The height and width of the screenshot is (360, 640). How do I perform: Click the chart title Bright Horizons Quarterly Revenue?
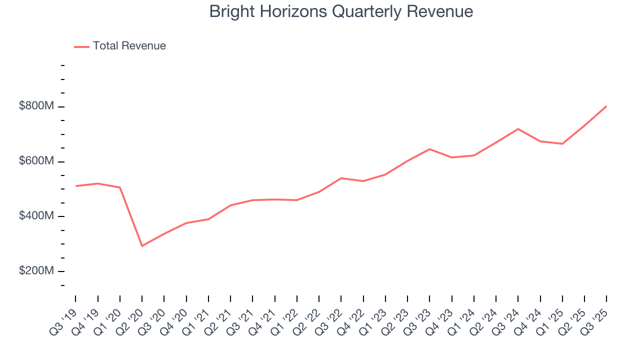pos(341,11)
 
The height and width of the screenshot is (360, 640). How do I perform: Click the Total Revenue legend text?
pos(129,46)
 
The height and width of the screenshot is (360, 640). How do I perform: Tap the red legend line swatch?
pos(81,46)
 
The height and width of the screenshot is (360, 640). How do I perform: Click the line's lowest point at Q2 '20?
pos(142,245)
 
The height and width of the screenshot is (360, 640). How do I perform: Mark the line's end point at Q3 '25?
pos(606,106)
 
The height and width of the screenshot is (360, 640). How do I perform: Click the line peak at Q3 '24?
pos(518,129)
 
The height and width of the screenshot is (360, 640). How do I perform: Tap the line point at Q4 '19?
pos(97,183)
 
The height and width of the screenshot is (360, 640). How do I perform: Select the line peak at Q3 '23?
pos(429,149)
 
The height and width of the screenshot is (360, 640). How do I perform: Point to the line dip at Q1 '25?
pos(562,143)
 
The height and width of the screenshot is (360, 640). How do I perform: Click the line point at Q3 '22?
pos(341,178)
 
